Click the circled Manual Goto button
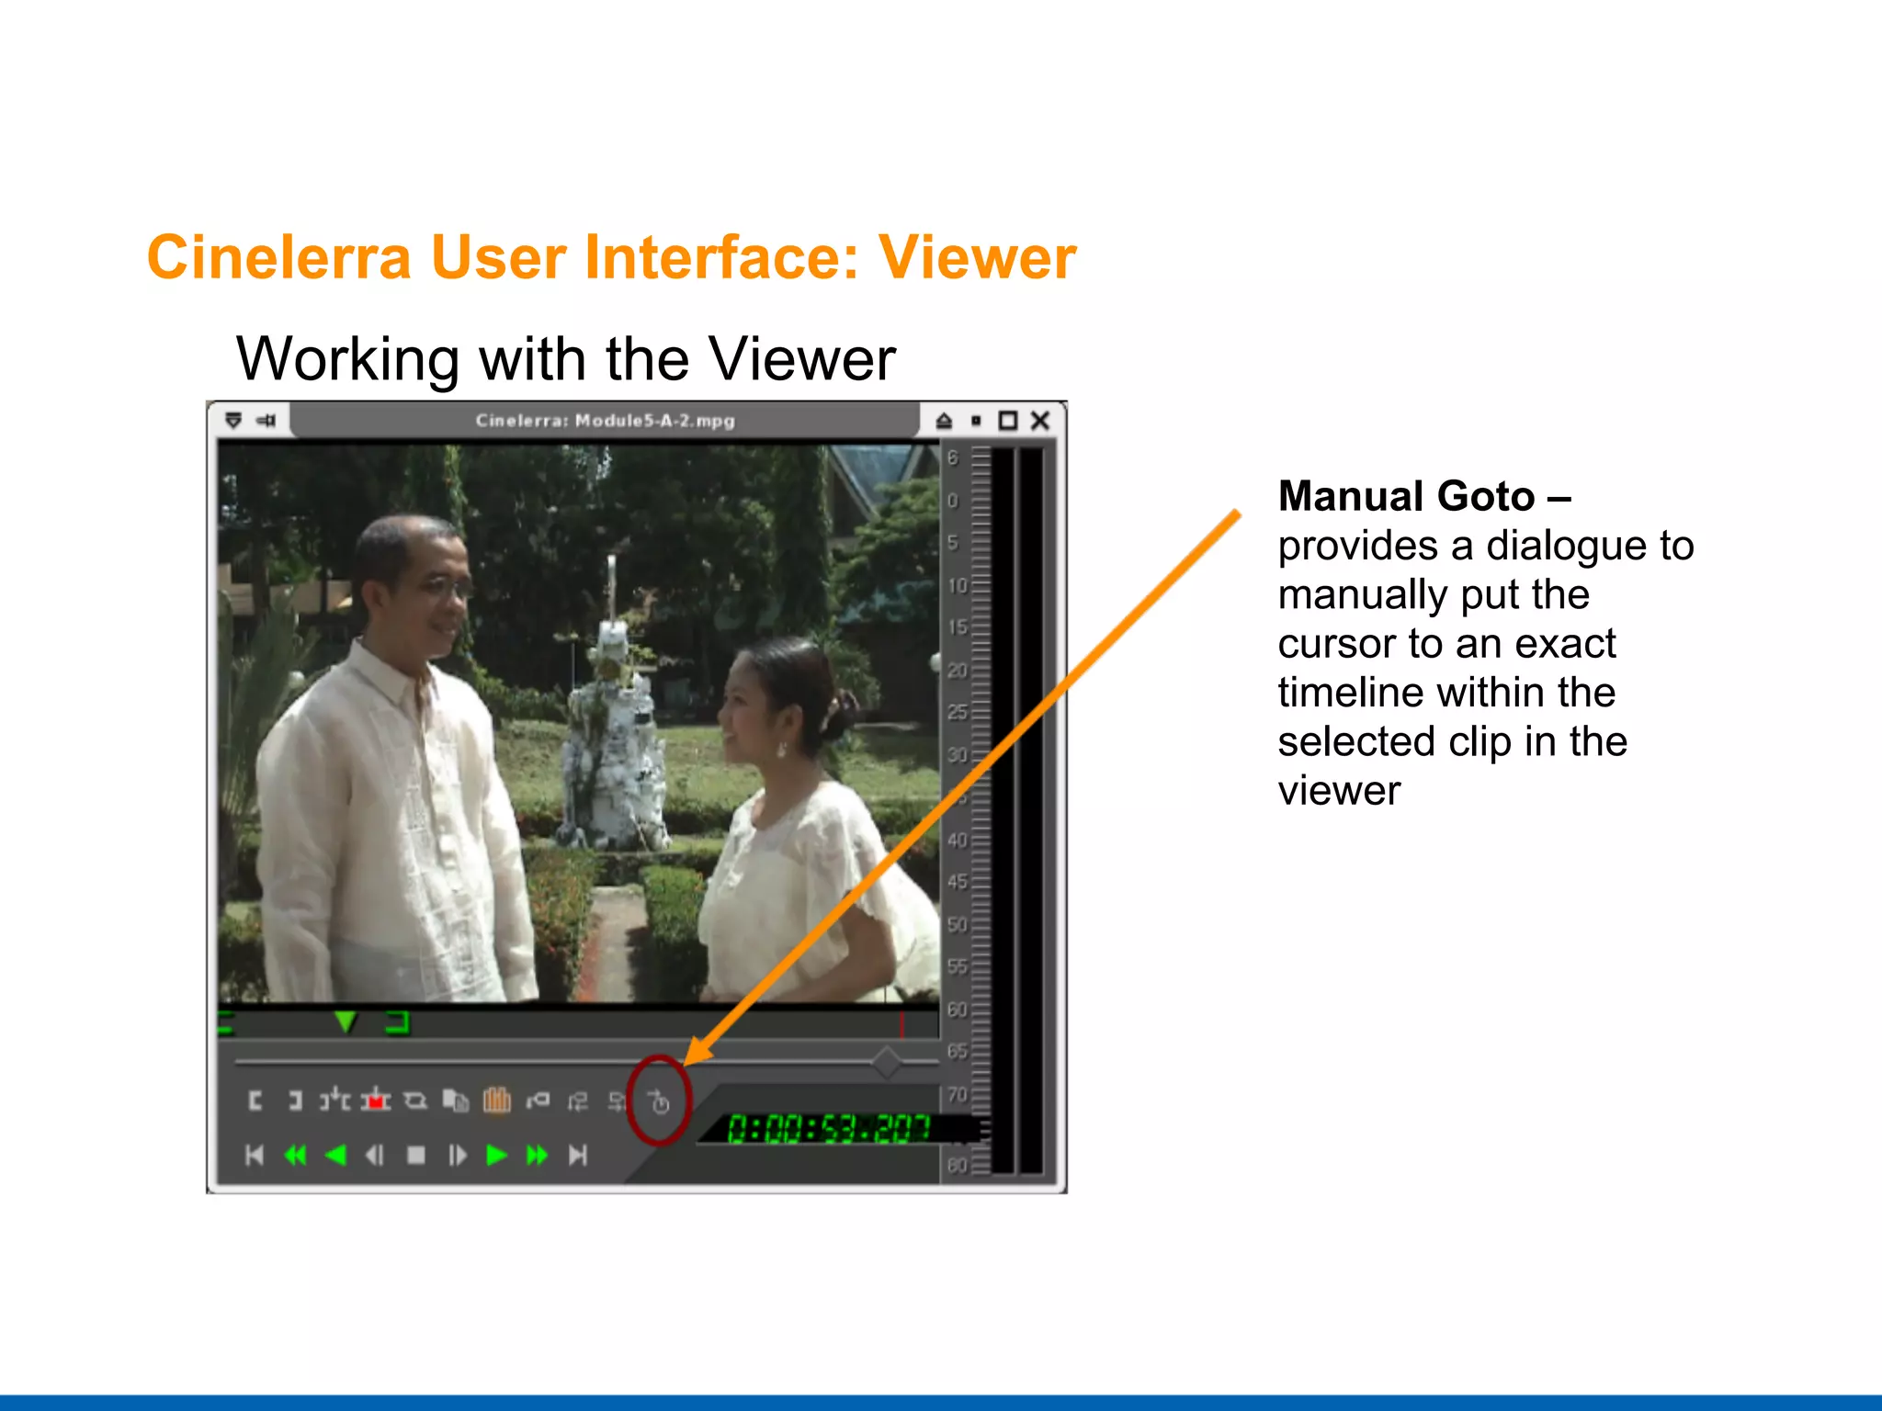[659, 1101]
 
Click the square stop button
[416, 1155]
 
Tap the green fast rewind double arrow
[296, 1155]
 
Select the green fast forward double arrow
[538, 1155]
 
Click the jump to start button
[255, 1155]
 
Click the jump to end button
[578, 1155]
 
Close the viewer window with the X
[1040, 421]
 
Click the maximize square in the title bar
[1008, 421]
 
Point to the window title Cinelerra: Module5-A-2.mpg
[605, 421]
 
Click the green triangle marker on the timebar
[346, 1021]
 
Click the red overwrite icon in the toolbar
[375, 1100]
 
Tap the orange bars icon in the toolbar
[497, 1100]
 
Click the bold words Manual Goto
[1407, 497]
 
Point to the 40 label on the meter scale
[957, 840]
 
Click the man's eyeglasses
[439, 589]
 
